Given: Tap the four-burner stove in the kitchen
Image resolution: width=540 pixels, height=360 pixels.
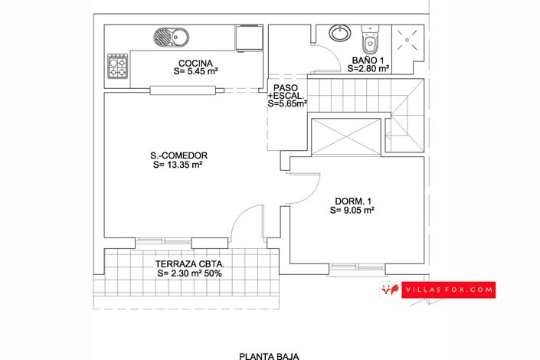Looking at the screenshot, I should [x=117, y=67].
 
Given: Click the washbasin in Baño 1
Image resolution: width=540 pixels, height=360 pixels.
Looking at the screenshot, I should [x=338, y=34].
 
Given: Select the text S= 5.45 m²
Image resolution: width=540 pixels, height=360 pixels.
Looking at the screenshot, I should [x=196, y=71].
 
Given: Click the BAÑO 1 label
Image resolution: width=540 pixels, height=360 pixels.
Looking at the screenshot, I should [x=368, y=60].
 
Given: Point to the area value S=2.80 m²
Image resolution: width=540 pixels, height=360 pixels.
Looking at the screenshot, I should [x=368, y=69].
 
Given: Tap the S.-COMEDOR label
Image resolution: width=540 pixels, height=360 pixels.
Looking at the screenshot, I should [x=179, y=155].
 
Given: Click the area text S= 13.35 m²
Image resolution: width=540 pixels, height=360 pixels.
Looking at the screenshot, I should [x=178, y=164].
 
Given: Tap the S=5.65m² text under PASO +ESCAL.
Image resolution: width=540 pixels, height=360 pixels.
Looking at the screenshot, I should [x=288, y=103].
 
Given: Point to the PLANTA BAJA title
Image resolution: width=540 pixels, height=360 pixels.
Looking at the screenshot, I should [x=269, y=355].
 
